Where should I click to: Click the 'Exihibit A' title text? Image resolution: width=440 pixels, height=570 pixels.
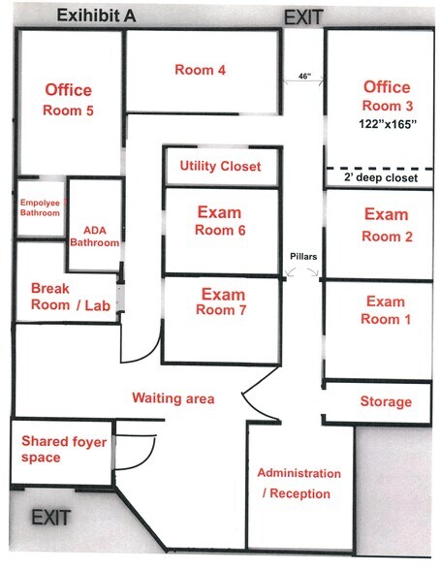(96, 16)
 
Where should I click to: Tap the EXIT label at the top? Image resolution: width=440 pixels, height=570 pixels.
(303, 17)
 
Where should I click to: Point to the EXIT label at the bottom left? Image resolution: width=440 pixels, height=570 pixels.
(50, 518)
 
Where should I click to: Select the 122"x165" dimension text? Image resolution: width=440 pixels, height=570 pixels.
(388, 124)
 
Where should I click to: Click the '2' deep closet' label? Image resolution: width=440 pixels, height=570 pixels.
(381, 177)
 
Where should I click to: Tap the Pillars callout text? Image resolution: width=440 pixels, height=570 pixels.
(303, 257)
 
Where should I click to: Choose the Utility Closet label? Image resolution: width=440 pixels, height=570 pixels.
(220, 166)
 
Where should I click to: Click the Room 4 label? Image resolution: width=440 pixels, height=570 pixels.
(201, 70)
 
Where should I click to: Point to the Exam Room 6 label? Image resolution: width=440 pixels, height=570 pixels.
(220, 221)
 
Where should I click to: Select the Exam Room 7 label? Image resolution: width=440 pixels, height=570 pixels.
(222, 301)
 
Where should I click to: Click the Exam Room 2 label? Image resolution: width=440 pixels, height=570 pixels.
(387, 225)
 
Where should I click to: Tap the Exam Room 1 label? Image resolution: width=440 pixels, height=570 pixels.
(386, 310)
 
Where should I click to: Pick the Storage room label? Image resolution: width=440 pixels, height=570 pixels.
(386, 401)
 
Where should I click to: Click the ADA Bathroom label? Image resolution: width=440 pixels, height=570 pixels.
(94, 237)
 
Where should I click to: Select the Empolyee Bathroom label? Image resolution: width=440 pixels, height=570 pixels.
(41, 207)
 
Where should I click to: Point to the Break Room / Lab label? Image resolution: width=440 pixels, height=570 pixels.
(71, 297)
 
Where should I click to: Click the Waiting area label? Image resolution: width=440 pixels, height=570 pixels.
(173, 398)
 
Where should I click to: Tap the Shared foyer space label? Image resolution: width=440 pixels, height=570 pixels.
(64, 449)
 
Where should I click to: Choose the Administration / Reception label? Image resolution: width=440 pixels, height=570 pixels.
(299, 484)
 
